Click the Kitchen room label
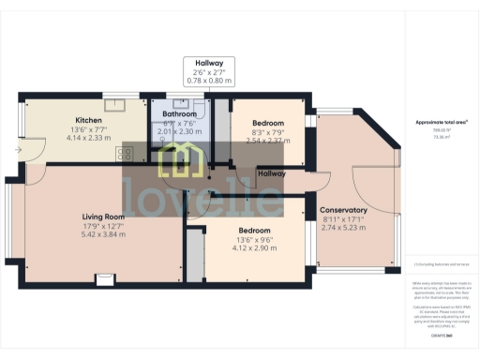click(x=88, y=120)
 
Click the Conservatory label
click(x=344, y=209)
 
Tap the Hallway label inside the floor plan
click(x=273, y=173)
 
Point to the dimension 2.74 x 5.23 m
click(x=344, y=228)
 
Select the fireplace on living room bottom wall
click(x=105, y=278)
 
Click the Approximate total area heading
click(x=442, y=122)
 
